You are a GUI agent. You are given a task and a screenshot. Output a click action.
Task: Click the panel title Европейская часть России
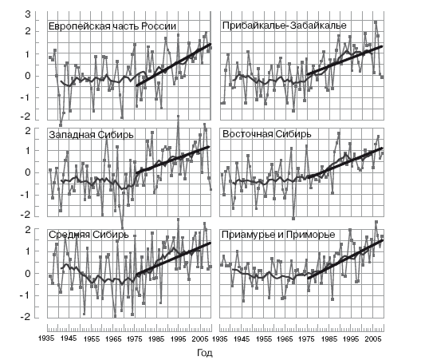(x=112, y=26)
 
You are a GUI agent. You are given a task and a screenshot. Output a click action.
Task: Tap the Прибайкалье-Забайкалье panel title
(x=285, y=26)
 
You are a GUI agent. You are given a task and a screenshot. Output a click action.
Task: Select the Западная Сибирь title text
(x=91, y=134)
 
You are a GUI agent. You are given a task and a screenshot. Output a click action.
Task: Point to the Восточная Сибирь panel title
(x=266, y=134)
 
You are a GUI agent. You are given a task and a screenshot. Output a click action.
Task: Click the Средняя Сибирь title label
(x=89, y=235)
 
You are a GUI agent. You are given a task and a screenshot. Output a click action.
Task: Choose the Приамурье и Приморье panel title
(x=278, y=235)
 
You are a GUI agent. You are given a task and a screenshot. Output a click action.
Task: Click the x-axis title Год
(x=205, y=353)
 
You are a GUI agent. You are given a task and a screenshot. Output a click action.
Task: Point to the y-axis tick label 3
(x=28, y=14)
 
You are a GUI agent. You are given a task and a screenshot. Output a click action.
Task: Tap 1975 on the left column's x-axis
(x=134, y=338)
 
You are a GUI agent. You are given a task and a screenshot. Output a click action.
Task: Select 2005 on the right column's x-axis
(x=373, y=338)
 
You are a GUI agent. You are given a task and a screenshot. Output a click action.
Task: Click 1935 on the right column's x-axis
(x=220, y=338)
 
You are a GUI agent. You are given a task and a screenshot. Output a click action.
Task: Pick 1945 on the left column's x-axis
(x=69, y=338)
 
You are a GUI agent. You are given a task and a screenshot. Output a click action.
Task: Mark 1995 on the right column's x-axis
(x=351, y=338)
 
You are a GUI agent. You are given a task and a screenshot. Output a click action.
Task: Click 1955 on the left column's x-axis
(x=91, y=338)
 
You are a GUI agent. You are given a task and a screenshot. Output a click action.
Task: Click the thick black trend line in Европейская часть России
(x=174, y=65)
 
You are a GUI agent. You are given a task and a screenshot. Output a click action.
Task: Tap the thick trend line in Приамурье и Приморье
(x=345, y=259)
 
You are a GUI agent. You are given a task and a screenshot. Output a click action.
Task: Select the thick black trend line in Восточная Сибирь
(x=344, y=163)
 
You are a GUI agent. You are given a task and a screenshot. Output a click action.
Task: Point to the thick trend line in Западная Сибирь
(x=173, y=160)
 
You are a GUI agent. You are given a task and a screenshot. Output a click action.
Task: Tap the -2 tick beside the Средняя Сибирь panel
(x=26, y=317)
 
